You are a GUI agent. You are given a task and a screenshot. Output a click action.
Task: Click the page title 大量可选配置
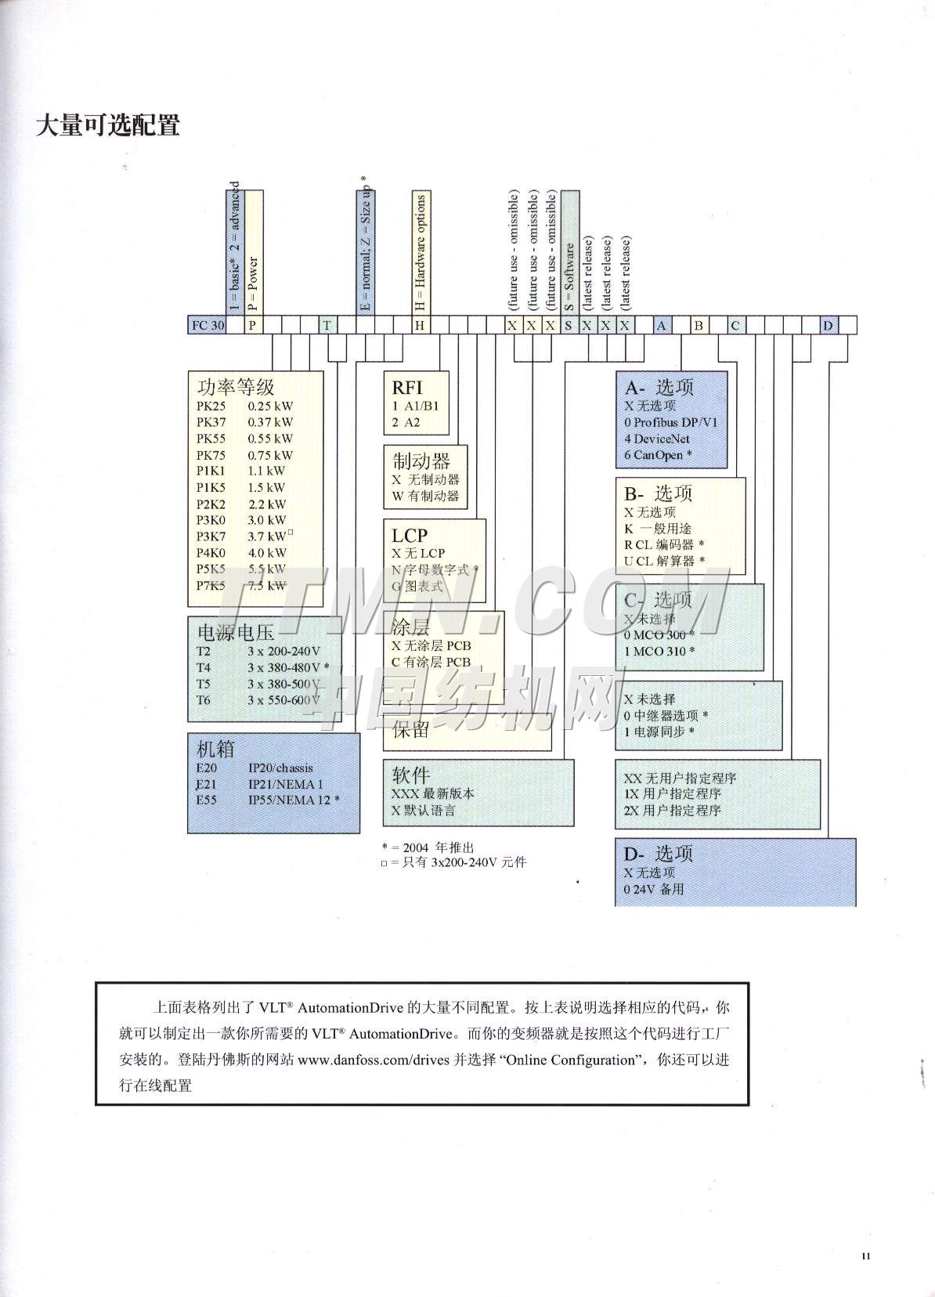pos(108,125)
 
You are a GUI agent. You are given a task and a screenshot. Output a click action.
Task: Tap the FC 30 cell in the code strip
pos(208,325)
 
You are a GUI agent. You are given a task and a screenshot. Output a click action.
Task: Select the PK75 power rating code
pos(211,455)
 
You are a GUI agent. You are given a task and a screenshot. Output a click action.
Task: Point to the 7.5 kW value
pos(266,586)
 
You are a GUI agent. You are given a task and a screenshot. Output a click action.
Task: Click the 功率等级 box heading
pos(236,387)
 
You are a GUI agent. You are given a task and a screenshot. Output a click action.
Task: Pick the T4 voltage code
pos(204,667)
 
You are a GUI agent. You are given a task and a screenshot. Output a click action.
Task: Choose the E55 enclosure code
pos(207,800)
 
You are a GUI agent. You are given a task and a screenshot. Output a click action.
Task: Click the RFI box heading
pos(407,387)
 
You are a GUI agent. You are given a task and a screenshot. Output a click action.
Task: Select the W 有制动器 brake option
pos(425,496)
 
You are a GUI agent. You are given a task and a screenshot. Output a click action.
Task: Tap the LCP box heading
pos(410,535)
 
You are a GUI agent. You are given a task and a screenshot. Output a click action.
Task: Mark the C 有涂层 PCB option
pos(431,662)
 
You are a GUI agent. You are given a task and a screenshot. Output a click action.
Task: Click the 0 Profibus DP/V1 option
pos(670,422)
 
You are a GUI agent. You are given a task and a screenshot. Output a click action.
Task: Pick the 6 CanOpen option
pos(658,455)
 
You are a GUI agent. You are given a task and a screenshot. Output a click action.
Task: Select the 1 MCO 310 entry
pos(659,651)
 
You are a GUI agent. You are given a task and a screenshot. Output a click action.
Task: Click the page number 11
pos(865,1257)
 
